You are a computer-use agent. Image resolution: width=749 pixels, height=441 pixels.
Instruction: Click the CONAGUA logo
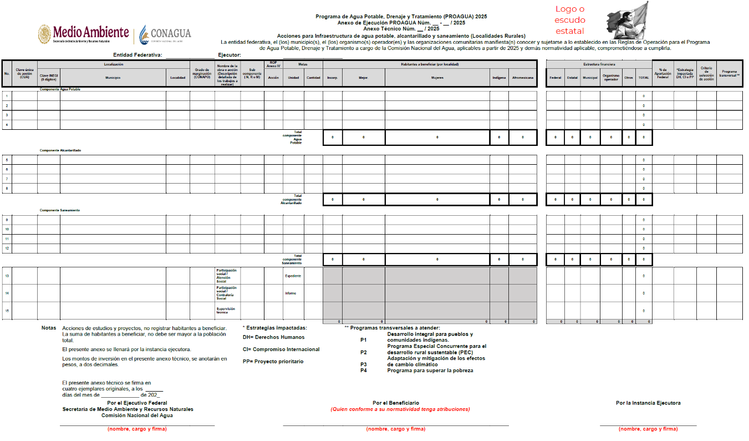tap(165, 34)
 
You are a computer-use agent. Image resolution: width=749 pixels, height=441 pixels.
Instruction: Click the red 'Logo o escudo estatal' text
tap(570, 20)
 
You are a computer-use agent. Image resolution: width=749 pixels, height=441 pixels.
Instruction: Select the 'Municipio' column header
tap(113, 78)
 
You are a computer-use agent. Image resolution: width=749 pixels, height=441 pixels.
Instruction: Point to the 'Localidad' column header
tap(177, 78)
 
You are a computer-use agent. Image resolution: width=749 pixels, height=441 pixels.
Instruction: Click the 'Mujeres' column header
tap(437, 78)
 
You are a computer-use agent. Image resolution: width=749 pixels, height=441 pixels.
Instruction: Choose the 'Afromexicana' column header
tap(523, 78)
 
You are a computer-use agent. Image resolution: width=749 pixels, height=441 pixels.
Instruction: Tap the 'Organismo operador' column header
tap(610, 78)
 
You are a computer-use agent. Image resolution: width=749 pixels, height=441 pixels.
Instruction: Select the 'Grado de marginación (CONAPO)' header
tap(202, 73)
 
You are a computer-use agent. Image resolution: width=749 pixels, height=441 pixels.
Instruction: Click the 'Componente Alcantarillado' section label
tap(60, 150)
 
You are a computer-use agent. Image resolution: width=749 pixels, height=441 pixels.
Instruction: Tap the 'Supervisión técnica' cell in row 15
tap(226, 310)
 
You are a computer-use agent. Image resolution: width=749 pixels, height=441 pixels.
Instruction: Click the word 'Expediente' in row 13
tap(293, 276)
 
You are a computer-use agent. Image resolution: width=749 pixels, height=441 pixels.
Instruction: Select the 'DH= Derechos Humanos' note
tap(273, 337)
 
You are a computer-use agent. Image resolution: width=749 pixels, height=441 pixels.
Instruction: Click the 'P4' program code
tap(363, 371)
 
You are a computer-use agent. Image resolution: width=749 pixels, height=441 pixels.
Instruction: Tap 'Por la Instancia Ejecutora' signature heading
tap(648, 403)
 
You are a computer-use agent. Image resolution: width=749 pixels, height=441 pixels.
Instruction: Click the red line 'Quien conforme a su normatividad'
tap(400, 409)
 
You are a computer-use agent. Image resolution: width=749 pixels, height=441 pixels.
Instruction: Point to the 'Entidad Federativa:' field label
tap(137, 55)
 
